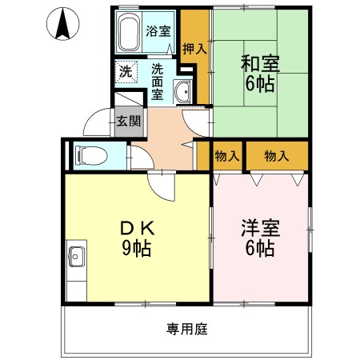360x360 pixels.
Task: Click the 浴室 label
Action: pos(158,32)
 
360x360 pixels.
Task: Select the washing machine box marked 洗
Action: pos(126,71)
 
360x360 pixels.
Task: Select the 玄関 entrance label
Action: pos(128,122)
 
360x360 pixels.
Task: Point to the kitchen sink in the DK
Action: pos(77,258)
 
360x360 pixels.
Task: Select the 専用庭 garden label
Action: pos(186,327)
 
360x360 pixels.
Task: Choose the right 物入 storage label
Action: pos(276,156)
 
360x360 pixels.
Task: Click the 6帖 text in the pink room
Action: pos(258,248)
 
